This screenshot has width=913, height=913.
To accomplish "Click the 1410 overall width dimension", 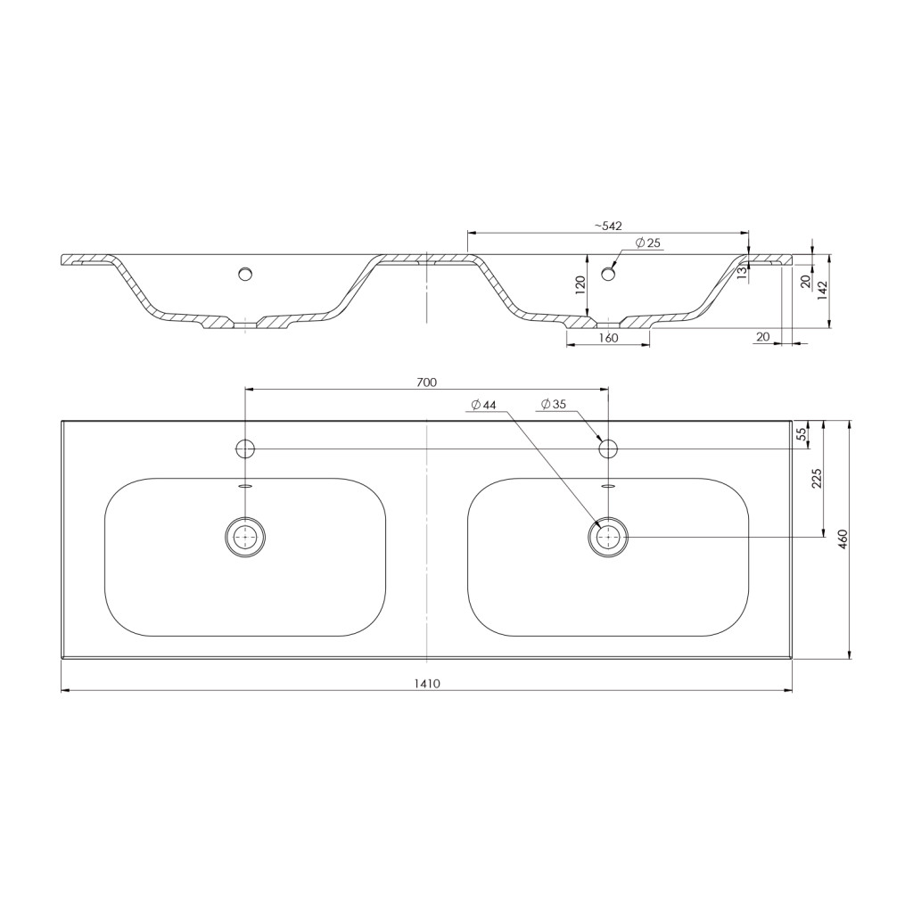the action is coord(427,684).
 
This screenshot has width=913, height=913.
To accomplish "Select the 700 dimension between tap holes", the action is coord(427,382).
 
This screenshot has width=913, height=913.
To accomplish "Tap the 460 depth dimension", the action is coord(842,540).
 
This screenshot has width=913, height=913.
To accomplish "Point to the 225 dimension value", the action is coord(817,478).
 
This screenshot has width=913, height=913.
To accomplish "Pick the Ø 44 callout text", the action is coord(484,404).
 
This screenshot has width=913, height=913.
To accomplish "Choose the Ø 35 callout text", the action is coord(553,404).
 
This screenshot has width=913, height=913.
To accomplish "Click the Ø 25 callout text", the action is coord(648,243).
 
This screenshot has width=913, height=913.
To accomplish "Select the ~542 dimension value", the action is coord(608,226).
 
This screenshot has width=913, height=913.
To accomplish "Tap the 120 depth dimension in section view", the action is coord(580,286).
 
